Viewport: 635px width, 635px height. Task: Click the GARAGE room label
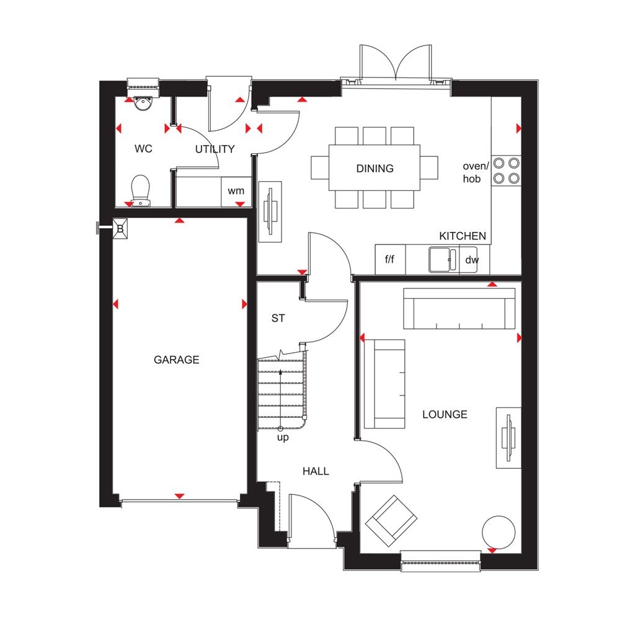click(x=177, y=360)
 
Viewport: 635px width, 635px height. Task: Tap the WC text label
click(x=143, y=149)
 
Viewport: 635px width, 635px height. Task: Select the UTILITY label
click(x=215, y=149)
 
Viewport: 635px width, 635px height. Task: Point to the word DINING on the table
click(x=375, y=168)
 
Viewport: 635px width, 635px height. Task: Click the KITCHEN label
click(x=463, y=236)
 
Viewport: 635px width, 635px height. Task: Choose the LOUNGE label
click(x=445, y=414)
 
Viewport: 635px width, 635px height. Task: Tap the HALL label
click(x=316, y=471)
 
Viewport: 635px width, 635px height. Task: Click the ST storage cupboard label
click(x=278, y=318)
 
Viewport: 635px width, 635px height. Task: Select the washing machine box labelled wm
click(x=236, y=191)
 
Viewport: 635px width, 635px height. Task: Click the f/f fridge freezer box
click(x=390, y=260)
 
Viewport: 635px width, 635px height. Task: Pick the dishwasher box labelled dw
click(x=473, y=260)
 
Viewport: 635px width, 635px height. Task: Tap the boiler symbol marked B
click(x=120, y=229)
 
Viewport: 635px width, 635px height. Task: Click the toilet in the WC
click(x=141, y=189)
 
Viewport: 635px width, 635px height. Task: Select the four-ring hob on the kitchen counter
click(x=506, y=171)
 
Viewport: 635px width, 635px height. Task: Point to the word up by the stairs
click(x=283, y=438)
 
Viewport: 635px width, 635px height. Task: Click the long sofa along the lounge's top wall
click(x=459, y=308)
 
